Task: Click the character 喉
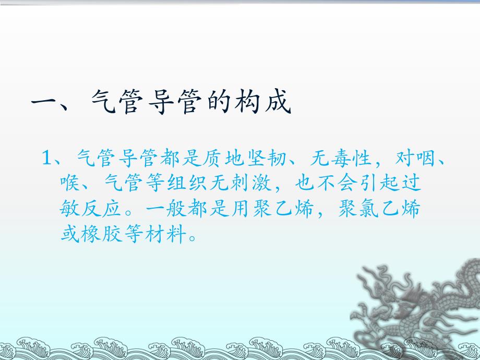point(68,184)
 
